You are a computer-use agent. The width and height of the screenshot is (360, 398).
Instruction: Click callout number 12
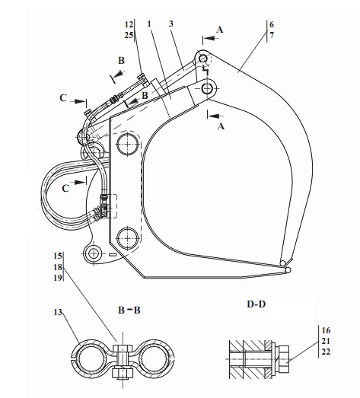click(x=129, y=24)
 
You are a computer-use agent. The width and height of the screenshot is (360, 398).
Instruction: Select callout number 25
click(x=129, y=35)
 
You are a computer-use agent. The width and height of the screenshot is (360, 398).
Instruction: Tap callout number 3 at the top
click(x=171, y=24)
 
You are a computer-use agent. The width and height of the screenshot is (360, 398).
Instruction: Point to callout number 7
click(x=272, y=35)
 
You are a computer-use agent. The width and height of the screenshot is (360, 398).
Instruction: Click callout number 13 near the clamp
click(x=58, y=312)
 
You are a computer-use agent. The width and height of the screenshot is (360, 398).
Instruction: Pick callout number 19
click(x=58, y=278)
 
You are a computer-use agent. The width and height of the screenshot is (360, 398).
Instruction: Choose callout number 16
click(x=326, y=330)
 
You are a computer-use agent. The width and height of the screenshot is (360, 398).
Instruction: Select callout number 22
click(x=326, y=352)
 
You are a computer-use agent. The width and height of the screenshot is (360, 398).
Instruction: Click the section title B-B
click(x=129, y=310)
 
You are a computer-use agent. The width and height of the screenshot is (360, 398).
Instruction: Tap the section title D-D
click(x=256, y=304)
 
